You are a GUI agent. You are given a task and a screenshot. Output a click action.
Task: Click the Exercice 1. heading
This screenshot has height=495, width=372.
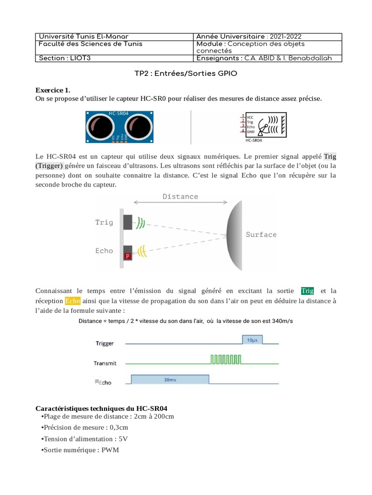pos(53,90)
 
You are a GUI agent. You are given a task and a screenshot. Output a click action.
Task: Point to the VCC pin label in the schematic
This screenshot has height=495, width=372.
pos(250,117)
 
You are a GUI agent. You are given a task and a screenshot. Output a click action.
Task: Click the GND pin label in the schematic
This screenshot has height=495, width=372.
pos(250,131)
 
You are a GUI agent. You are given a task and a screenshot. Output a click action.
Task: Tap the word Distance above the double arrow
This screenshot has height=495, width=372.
pos(180,197)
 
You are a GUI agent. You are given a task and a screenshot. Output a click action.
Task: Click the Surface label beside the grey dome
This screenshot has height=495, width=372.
pos(261,234)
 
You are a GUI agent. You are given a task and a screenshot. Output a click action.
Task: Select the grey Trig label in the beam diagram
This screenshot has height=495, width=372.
pos(104,222)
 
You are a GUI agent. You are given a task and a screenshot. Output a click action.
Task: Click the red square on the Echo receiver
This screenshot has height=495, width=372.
pos(128,256)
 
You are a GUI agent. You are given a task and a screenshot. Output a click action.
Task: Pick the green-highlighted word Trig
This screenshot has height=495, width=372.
pos(308,291)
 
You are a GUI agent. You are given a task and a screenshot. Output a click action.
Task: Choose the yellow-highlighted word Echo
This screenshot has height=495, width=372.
pos(73,301)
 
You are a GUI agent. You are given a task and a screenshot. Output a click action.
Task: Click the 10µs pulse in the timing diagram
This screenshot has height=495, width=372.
pos(252,340)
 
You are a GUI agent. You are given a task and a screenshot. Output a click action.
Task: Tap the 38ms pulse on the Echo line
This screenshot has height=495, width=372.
pos(170,380)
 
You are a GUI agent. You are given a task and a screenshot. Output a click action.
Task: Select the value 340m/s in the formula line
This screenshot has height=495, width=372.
pos(282,321)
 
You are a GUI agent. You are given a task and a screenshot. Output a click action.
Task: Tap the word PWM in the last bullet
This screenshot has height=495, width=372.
pos(110,450)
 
